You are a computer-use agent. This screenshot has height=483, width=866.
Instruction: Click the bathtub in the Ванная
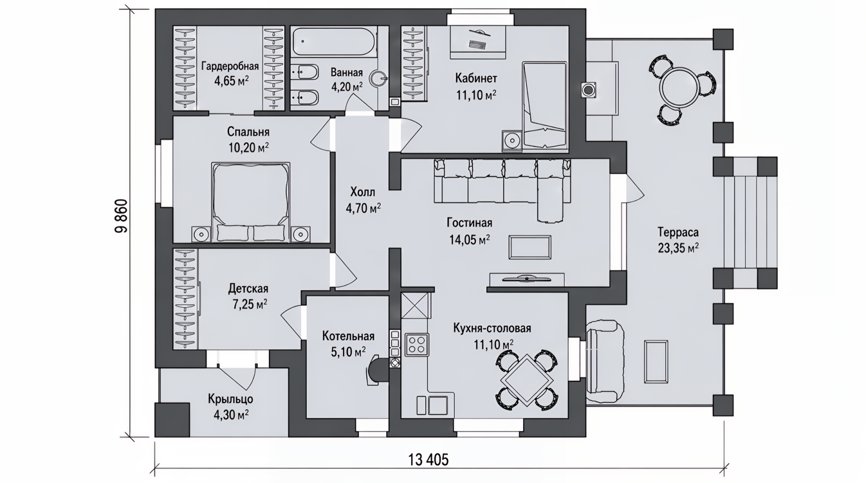(x=333, y=42)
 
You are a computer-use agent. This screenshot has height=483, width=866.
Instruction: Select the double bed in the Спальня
(x=251, y=202)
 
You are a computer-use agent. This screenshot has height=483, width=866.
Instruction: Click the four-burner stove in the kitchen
(x=417, y=344)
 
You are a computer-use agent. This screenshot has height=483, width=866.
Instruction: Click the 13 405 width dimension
(x=428, y=460)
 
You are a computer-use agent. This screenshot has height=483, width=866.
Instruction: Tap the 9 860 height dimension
(x=121, y=216)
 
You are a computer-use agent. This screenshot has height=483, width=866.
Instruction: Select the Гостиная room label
(x=470, y=223)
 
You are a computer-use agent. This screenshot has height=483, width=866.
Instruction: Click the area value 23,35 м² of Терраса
(x=678, y=248)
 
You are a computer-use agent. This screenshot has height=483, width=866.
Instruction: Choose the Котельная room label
(x=348, y=336)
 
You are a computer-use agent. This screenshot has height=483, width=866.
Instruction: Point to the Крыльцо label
(x=230, y=399)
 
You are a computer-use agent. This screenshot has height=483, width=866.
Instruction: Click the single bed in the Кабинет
(x=544, y=105)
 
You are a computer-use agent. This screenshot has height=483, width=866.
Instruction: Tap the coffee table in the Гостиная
(x=530, y=247)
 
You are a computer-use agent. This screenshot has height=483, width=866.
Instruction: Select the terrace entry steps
(x=745, y=223)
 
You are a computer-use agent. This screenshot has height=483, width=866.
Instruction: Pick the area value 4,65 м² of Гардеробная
(x=232, y=81)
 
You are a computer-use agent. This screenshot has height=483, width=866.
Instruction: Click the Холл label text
(x=363, y=193)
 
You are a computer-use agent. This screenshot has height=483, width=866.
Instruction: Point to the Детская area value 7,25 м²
(x=250, y=305)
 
